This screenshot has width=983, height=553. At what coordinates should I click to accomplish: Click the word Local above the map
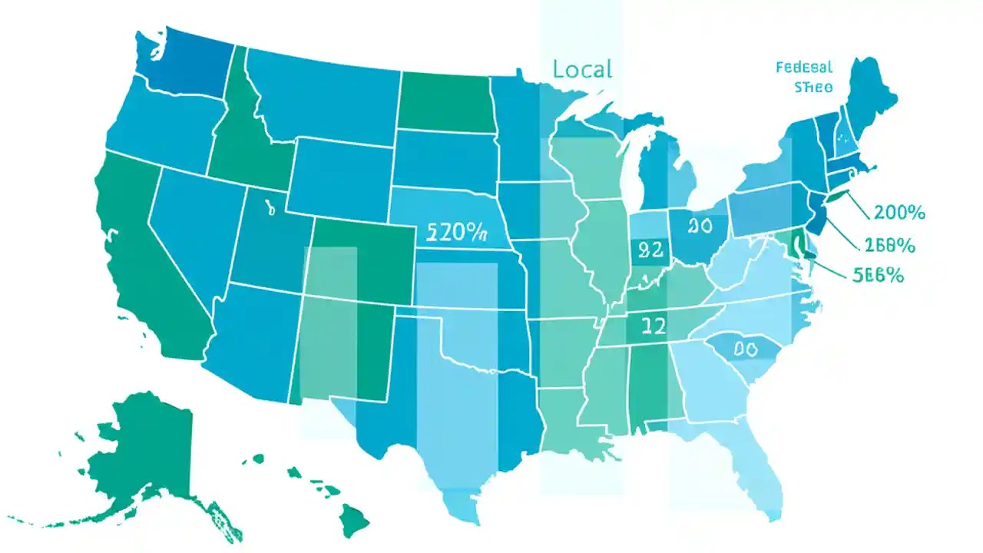pyautogui.click(x=582, y=69)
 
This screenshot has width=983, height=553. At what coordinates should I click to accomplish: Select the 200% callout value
pyautogui.click(x=899, y=213)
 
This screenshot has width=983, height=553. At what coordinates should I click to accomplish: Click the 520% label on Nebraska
pyautogui.click(x=456, y=232)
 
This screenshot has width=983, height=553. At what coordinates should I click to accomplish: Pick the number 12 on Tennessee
pyautogui.click(x=652, y=326)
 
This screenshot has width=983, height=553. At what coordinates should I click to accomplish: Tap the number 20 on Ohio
pyautogui.click(x=700, y=226)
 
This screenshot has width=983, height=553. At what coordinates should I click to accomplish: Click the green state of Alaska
pyautogui.click(x=146, y=453)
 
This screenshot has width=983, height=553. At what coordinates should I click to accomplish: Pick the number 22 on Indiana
pyautogui.click(x=650, y=250)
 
